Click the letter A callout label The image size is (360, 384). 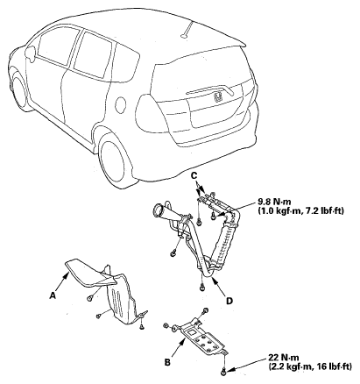53,296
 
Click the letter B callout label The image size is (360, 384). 167,363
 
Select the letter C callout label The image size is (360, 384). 194,175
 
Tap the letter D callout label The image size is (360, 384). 229,301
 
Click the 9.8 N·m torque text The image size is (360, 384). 275,202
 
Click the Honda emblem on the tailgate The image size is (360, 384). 218,97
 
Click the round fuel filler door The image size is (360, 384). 120,105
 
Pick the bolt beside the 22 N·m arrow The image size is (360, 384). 224,372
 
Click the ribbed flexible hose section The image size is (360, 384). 224,242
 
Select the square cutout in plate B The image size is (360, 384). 193,331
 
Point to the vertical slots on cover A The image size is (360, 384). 116,302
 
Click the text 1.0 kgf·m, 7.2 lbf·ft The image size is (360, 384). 301,210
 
